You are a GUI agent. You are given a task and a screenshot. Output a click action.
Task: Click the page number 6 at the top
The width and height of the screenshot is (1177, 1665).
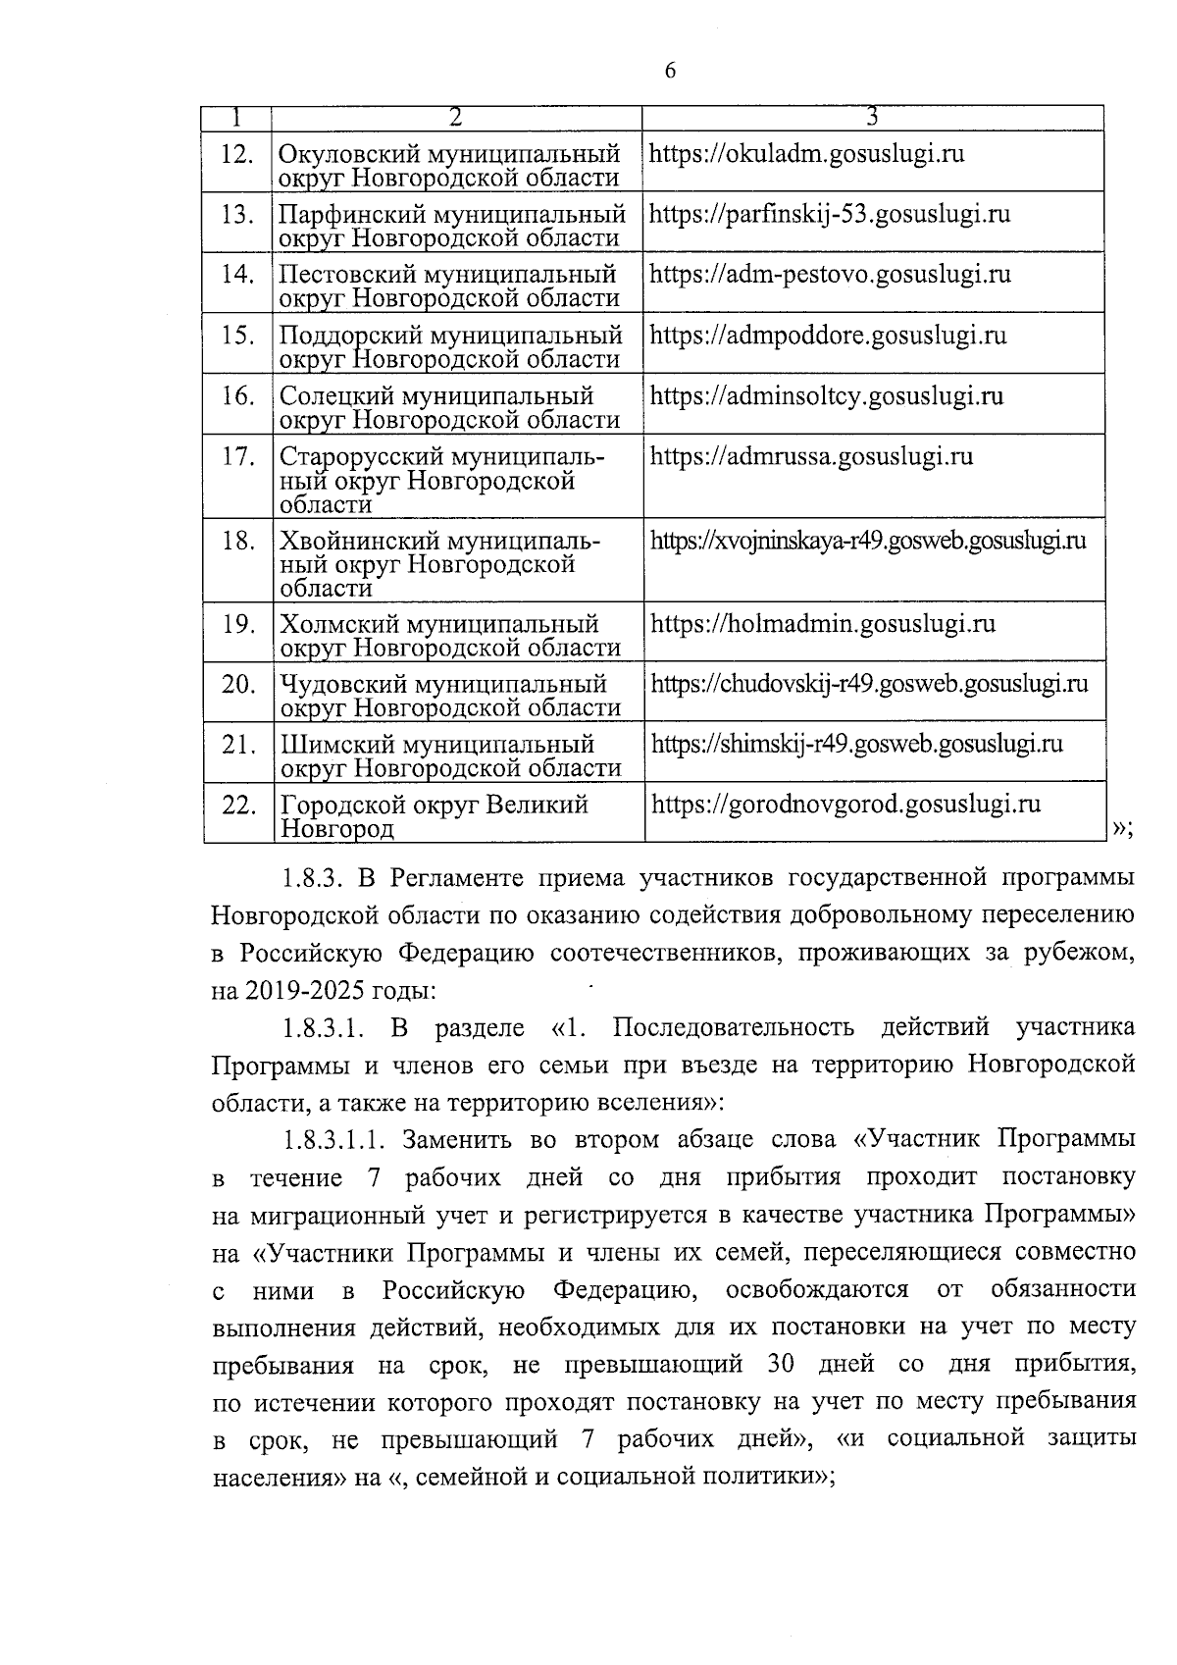coord(670,71)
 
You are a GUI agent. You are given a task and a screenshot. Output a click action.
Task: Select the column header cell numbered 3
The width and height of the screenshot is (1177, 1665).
coord(872,117)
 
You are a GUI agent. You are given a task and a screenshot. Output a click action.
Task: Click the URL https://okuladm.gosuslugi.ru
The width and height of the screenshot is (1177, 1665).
coord(806,154)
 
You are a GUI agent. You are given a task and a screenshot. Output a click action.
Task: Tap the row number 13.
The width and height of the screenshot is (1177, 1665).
coord(238,214)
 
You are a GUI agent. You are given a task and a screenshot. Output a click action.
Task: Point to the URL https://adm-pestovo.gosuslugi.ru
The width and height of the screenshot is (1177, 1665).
coord(830,274)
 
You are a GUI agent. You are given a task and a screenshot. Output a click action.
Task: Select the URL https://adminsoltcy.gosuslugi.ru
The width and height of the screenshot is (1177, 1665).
coord(826,395)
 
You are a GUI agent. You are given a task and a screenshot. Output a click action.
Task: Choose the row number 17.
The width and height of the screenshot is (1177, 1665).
coord(238,457)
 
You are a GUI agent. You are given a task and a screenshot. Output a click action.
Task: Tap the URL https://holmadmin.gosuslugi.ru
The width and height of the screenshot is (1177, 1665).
coord(823,624)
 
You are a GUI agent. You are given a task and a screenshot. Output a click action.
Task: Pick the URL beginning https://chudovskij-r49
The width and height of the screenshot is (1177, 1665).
coord(869,683)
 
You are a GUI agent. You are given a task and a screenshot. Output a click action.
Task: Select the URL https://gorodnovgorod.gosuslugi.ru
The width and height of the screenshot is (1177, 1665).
coord(845,805)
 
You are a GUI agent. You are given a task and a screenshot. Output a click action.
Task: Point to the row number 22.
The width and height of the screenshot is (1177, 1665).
coord(238,806)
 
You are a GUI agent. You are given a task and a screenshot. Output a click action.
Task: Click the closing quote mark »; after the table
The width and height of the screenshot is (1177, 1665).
coord(1123,829)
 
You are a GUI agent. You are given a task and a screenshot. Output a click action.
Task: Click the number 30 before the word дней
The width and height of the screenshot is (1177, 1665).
coord(769,1364)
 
